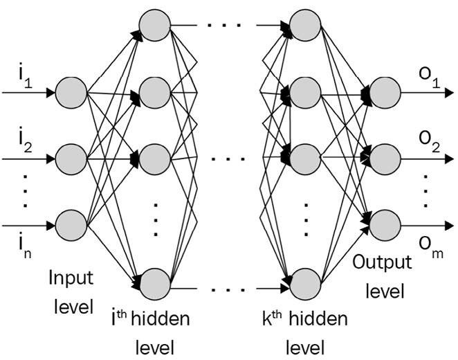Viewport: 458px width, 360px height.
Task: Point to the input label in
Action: point(24,242)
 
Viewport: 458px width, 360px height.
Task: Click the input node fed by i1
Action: point(71,92)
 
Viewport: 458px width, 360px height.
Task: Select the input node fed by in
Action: point(71,226)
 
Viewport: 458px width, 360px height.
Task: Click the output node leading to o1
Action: point(384,92)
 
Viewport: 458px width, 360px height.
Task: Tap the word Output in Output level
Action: point(382,263)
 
